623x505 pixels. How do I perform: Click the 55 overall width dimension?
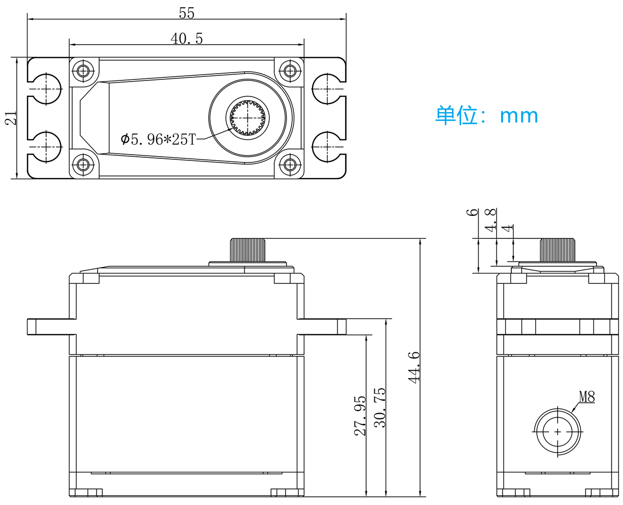coord(186,13)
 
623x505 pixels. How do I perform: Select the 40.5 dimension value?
coord(186,38)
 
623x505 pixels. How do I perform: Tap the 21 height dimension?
coord(11,118)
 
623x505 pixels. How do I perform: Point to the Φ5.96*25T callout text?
coord(158,139)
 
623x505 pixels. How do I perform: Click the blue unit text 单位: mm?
coord(486,116)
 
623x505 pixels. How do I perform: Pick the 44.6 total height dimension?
coord(414,367)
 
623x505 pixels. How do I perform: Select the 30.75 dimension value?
coord(380,407)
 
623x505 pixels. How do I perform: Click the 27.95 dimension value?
coord(360,416)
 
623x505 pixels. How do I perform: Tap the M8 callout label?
coord(587,397)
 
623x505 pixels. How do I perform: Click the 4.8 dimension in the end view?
coord(491,220)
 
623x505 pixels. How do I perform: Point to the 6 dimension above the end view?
coord(472,212)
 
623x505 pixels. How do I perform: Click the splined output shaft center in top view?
coord(248,118)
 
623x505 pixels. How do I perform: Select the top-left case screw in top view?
coord(84,71)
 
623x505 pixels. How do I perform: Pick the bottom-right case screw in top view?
coord(290,165)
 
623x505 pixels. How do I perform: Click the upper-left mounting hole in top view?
coord(46,89)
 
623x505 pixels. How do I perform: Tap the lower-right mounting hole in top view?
coord(327,147)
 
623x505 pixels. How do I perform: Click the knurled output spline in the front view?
coord(248,250)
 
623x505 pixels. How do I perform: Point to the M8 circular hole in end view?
coord(557,432)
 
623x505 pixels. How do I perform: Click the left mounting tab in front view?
coord(52,326)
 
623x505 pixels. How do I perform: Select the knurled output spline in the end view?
coord(557,250)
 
